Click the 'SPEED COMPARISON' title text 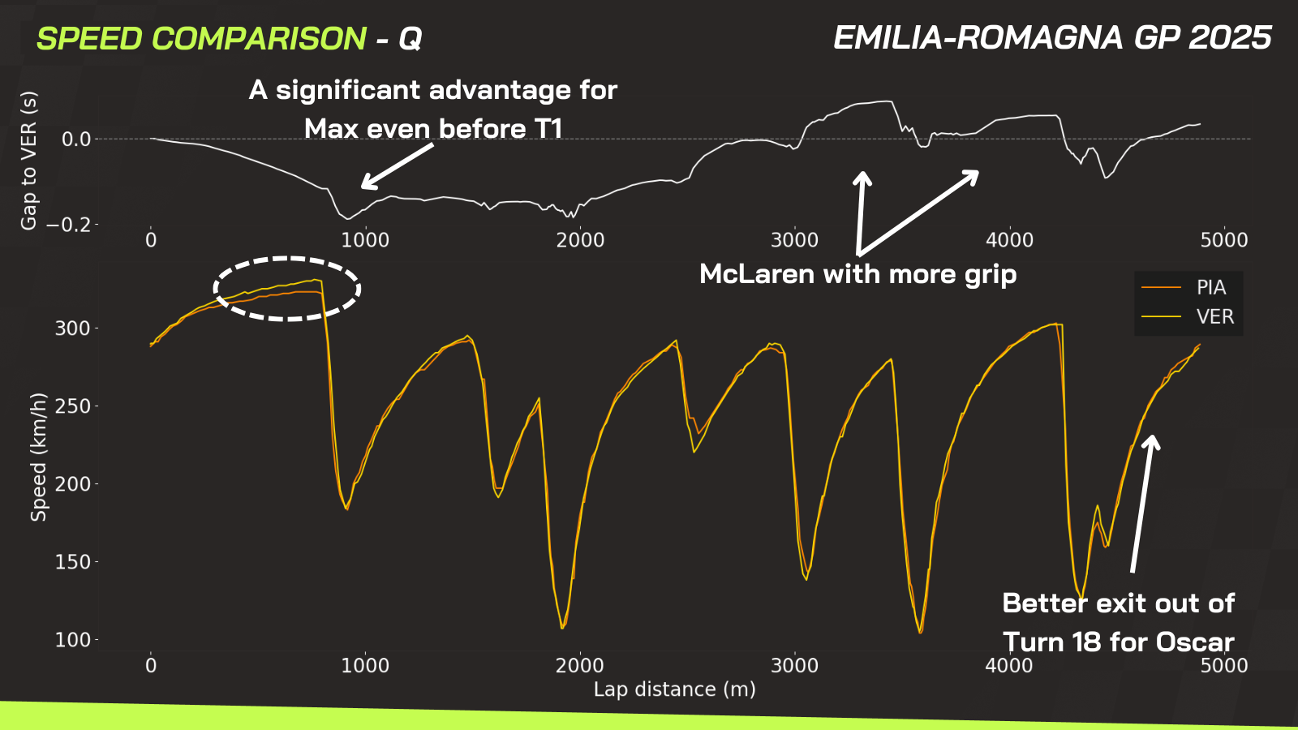coord(201,39)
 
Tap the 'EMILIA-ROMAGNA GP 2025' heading coord(1052,38)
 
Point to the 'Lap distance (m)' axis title coord(674,689)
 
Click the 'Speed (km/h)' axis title coord(38,457)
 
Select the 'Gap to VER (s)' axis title coord(29,161)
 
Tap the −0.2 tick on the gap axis coord(68,225)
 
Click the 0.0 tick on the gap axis coord(76,140)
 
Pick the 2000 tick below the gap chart coord(580,240)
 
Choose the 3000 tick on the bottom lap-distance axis coord(794,666)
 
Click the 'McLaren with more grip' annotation coord(857,274)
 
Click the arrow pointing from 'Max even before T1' coord(398,166)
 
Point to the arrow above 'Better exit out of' coord(1142,503)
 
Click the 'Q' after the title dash coord(410,39)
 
